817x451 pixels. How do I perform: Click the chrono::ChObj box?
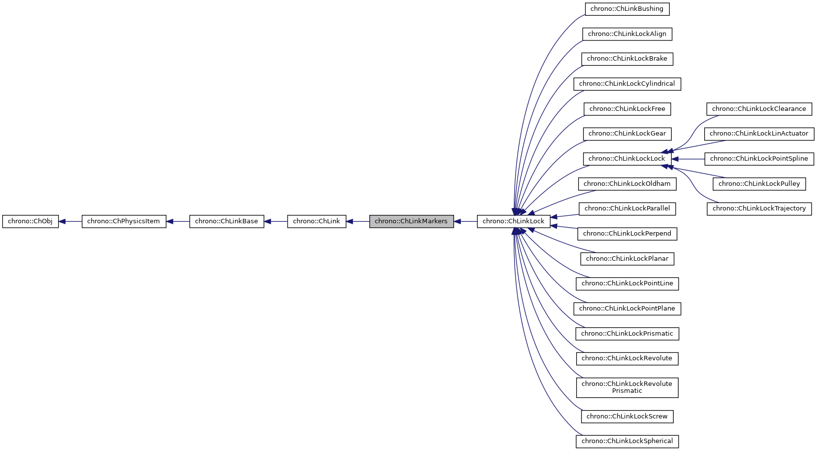click(30, 221)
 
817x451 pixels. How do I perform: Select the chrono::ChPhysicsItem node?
click(124, 221)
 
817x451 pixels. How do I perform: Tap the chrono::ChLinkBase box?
click(227, 221)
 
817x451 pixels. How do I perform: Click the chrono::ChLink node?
click(317, 221)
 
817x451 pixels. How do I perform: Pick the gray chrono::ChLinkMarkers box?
click(411, 221)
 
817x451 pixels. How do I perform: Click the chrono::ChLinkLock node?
click(514, 221)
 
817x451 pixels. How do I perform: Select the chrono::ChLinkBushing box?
click(627, 9)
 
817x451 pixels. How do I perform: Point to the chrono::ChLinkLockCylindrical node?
click(627, 84)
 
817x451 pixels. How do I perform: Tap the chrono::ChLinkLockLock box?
click(627, 159)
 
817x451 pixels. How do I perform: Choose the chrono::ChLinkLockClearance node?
click(759, 109)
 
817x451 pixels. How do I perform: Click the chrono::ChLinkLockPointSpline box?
click(759, 159)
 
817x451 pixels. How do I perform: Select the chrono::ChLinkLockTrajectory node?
click(759, 208)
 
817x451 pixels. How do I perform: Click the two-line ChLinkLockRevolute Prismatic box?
click(627, 387)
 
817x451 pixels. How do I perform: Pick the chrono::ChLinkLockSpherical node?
click(627, 441)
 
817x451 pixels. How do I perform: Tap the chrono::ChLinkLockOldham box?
click(627, 184)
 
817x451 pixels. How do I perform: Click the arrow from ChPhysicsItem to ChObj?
click(70, 221)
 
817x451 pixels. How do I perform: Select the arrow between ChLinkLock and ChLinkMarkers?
click(465, 221)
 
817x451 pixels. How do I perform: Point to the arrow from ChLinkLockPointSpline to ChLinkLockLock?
click(688, 159)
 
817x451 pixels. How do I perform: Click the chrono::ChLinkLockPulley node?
click(759, 184)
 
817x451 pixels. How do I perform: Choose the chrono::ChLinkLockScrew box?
click(627, 416)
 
